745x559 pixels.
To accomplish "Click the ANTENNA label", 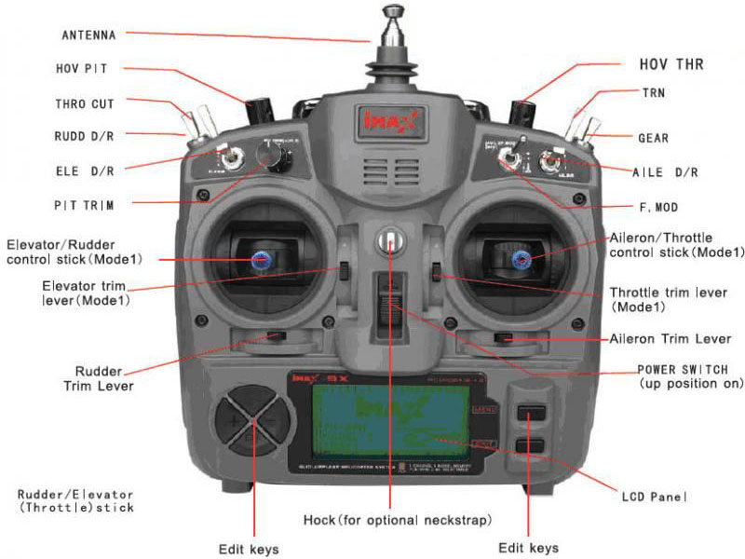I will click(x=88, y=35).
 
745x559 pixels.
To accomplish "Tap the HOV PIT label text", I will click(x=82, y=69).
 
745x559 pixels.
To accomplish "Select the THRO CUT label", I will click(x=85, y=103).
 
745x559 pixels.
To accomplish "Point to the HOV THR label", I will click(x=670, y=64).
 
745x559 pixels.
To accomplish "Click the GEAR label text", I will click(x=653, y=138).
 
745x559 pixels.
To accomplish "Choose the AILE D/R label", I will click(x=665, y=172).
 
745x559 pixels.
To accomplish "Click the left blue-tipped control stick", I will click(x=258, y=259).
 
